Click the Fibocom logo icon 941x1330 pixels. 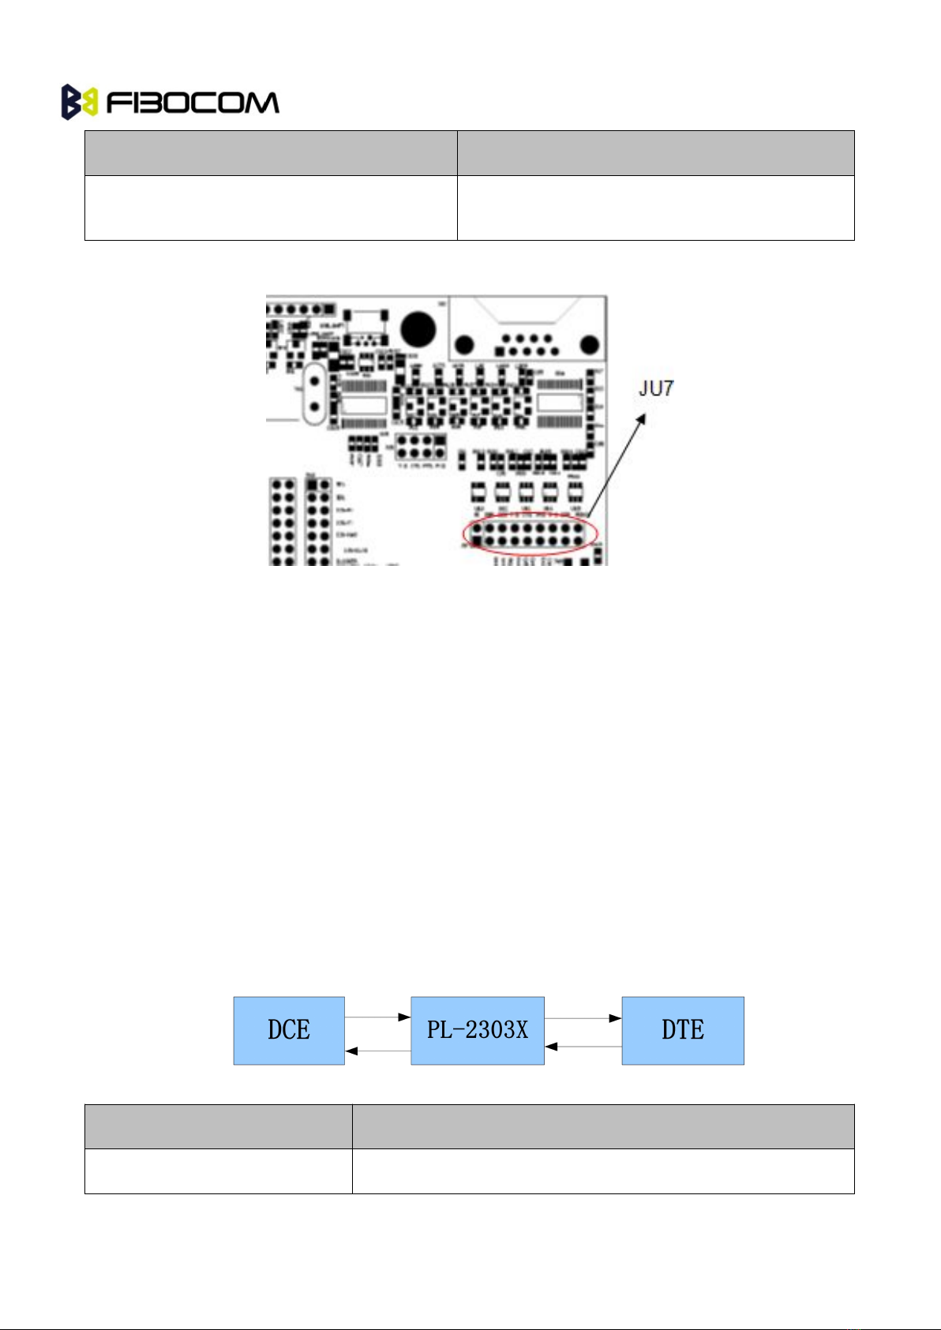[79, 103]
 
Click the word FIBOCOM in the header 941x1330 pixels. [192, 103]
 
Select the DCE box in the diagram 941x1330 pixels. [289, 1030]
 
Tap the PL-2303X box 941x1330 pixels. [478, 1030]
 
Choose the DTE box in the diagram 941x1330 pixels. [683, 1030]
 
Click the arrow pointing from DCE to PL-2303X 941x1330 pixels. [377, 1017]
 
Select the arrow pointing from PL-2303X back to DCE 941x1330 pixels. [377, 1051]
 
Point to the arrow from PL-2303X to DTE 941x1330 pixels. [583, 1018]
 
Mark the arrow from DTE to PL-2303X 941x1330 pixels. [583, 1046]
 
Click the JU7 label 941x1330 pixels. [656, 388]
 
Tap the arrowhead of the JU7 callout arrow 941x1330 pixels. [643, 418]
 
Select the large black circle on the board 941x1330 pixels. [418, 329]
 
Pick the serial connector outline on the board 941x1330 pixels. [527, 328]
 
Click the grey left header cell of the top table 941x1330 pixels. [271, 153]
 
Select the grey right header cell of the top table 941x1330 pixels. [655, 153]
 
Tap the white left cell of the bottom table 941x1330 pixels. [218, 1171]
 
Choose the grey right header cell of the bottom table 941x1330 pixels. [603, 1126]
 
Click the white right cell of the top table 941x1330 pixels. [655, 208]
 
